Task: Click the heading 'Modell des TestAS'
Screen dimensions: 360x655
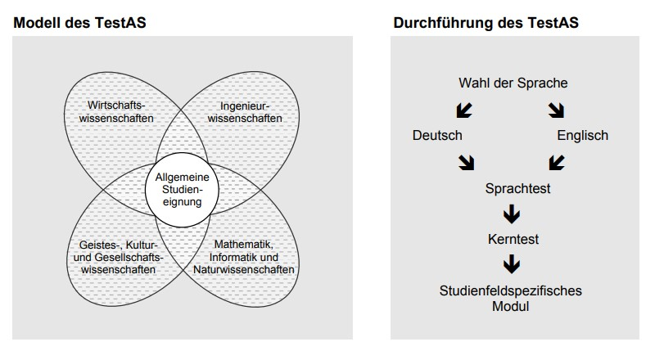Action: [80, 23]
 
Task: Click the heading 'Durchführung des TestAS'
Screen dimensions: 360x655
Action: [486, 23]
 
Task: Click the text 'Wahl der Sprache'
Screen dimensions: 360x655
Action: [513, 83]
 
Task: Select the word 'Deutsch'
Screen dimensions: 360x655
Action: [437, 135]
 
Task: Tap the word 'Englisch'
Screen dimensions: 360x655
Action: [582, 135]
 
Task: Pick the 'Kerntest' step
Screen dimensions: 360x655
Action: [513, 240]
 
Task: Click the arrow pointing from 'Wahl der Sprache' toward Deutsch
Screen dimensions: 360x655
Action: [463, 110]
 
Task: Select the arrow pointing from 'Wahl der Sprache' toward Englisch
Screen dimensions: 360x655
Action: [557, 110]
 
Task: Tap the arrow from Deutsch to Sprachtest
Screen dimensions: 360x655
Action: [467, 162]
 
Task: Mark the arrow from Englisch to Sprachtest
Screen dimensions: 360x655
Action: [557, 162]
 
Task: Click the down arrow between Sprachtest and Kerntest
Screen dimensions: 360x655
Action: [513, 214]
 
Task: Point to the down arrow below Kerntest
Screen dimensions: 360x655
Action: [513, 264]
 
